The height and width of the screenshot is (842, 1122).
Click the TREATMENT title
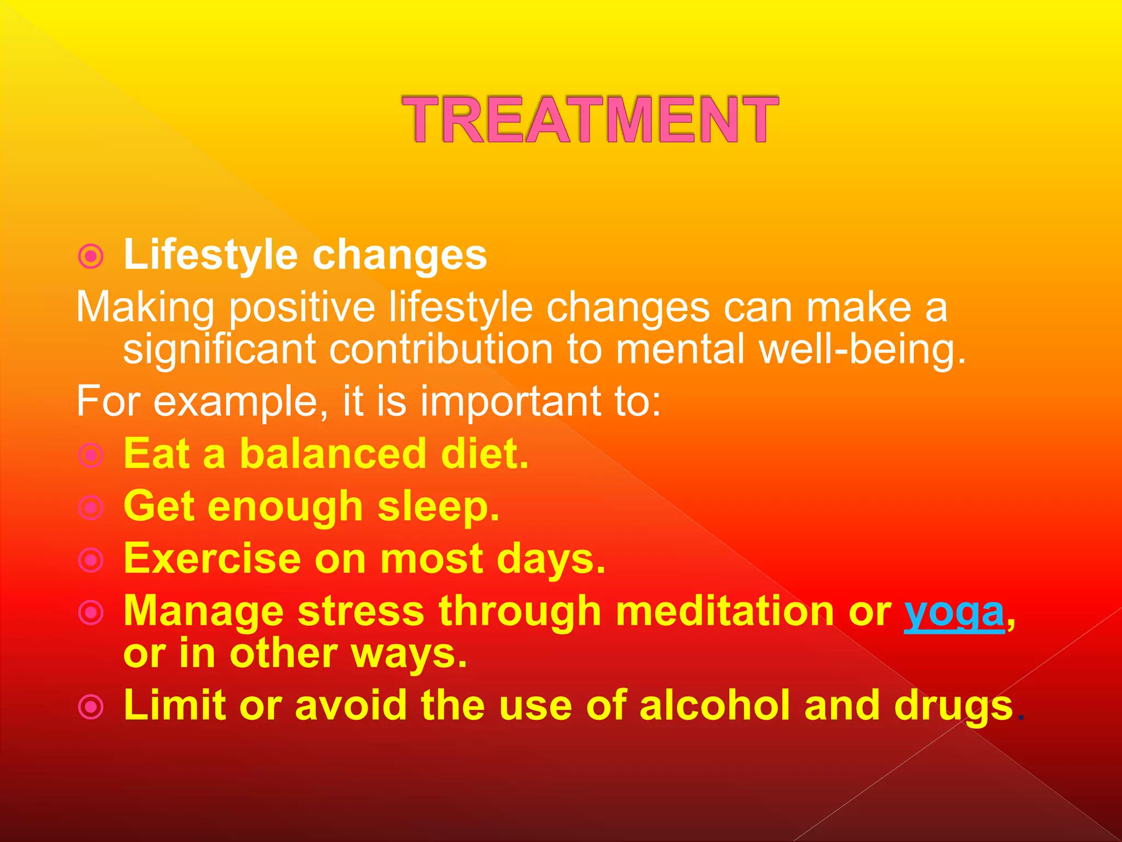[x=590, y=119]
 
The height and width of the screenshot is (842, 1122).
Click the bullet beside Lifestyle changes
[x=91, y=256]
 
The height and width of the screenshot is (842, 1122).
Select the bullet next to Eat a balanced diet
[x=91, y=455]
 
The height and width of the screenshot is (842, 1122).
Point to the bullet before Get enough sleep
[x=91, y=508]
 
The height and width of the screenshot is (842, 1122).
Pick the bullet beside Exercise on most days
[x=91, y=560]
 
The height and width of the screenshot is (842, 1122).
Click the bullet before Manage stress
[x=91, y=612]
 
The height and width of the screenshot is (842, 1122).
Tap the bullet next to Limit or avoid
[x=91, y=706]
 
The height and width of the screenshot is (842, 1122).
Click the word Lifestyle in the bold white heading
[x=211, y=255]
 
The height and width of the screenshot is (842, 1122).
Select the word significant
[x=219, y=350]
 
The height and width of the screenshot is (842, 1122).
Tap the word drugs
[x=953, y=706]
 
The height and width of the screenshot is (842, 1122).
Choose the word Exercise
[x=212, y=559]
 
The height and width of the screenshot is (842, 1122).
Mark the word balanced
[x=333, y=454]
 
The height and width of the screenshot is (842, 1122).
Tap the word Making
[x=145, y=308]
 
